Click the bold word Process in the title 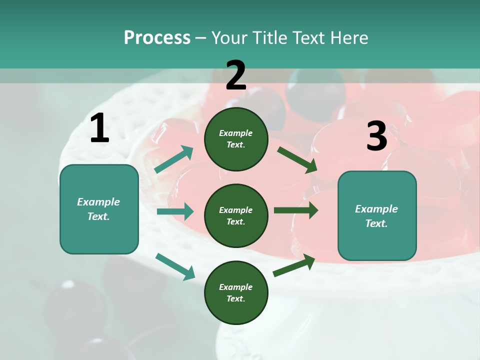(157, 37)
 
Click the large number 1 (99, 128)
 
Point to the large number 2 (236, 75)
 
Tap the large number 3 (376, 136)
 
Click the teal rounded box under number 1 (99, 209)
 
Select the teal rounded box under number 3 (377, 215)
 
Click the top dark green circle (236, 139)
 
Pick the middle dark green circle (236, 215)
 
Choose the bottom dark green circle (236, 292)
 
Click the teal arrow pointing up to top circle (174, 159)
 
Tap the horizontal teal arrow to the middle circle (175, 211)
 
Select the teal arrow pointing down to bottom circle (175, 266)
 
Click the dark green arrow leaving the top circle (297, 159)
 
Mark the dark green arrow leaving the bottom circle (294, 265)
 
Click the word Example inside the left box (98, 202)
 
